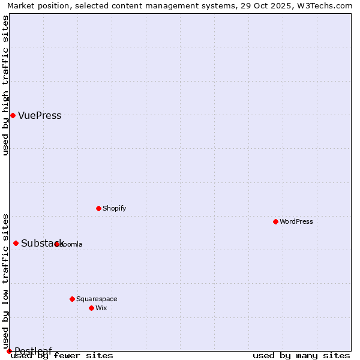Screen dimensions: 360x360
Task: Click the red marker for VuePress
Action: pyautogui.click(x=13, y=115)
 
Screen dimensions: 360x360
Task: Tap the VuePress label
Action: pyautogui.click(x=40, y=116)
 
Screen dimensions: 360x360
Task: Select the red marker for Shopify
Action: pyautogui.click(x=98, y=208)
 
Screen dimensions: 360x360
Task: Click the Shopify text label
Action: pyautogui.click(x=114, y=209)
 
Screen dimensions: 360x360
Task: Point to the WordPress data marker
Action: pyautogui.click(x=275, y=221)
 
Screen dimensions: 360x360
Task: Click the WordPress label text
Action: pyautogui.click(x=296, y=222)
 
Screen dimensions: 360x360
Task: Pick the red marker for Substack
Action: pyautogui.click(x=16, y=243)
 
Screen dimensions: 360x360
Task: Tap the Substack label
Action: pyautogui.click(x=42, y=244)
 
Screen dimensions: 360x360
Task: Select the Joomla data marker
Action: pyautogui.click(x=57, y=244)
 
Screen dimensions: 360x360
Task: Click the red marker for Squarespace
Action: pyautogui.click(x=72, y=299)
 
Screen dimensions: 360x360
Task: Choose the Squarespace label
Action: pyautogui.click(x=97, y=299)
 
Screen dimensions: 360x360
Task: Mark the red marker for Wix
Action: pyautogui.click(x=91, y=308)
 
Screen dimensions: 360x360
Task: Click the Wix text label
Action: pyautogui.click(x=101, y=308)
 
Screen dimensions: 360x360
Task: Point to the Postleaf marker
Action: pyautogui.click(x=9, y=351)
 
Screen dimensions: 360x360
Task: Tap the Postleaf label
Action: pyautogui.click(x=33, y=351)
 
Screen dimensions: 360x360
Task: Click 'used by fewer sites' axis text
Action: pyautogui.click(x=62, y=356)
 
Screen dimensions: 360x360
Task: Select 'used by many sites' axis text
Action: pyautogui.click(x=301, y=356)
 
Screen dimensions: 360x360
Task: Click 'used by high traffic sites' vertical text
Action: pyautogui.click(x=5, y=85)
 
